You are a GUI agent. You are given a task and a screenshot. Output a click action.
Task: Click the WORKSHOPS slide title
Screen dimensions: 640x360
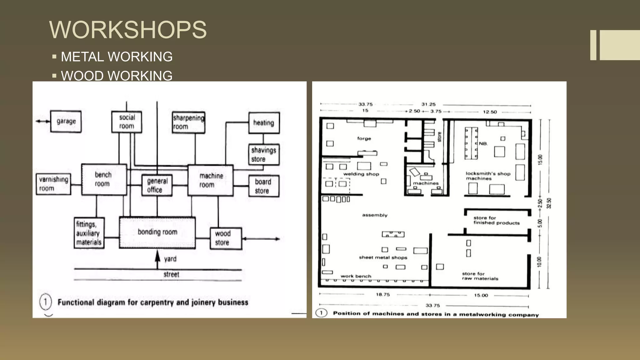pyautogui.click(x=128, y=30)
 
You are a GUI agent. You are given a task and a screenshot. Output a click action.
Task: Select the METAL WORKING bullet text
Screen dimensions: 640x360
pyautogui.click(x=117, y=57)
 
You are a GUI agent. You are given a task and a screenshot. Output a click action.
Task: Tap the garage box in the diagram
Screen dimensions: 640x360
pyautogui.click(x=66, y=121)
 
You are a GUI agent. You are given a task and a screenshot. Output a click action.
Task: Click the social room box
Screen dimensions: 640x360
pyautogui.click(x=127, y=122)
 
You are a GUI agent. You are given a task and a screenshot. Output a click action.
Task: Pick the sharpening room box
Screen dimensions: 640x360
pyautogui.click(x=188, y=122)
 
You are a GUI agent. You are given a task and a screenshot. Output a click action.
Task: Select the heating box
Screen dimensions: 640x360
pyautogui.click(x=264, y=123)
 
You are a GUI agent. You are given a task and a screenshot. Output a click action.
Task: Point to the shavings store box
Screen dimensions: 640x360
pyautogui.click(x=264, y=154)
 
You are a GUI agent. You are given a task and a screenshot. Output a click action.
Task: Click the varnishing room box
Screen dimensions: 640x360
pyautogui.click(x=53, y=184)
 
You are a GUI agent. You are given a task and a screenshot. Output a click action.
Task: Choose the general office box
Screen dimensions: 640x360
pyautogui.click(x=157, y=185)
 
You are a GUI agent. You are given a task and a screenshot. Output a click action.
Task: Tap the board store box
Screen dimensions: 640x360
pyautogui.click(x=264, y=186)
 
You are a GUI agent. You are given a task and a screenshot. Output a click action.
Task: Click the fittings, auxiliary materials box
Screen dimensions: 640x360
pyautogui.click(x=89, y=233)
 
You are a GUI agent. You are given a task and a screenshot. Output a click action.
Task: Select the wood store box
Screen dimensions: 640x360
pyautogui.click(x=226, y=238)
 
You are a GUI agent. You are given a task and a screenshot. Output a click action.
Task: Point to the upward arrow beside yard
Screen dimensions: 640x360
pyautogui.click(x=158, y=259)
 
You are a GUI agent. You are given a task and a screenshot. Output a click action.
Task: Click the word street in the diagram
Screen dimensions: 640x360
pyautogui.click(x=171, y=274)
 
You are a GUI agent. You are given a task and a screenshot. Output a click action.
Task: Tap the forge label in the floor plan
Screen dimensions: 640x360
pyautogui.click(x=364, y=138)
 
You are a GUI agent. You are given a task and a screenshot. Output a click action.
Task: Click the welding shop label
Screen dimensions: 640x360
pyautogui.click(x=361, y=174)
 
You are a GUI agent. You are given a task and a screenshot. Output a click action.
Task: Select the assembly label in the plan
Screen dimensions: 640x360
pyautogui.click(x=375, y=215)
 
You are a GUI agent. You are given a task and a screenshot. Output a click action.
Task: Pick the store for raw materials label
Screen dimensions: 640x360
pyautogui.click(x=480, y=276)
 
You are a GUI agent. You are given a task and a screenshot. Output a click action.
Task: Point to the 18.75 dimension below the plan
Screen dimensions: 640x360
pyautogui.click(x=383, y=294)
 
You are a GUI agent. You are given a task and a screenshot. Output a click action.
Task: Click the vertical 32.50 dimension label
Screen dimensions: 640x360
pyautogui.click(x=549, y=203)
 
